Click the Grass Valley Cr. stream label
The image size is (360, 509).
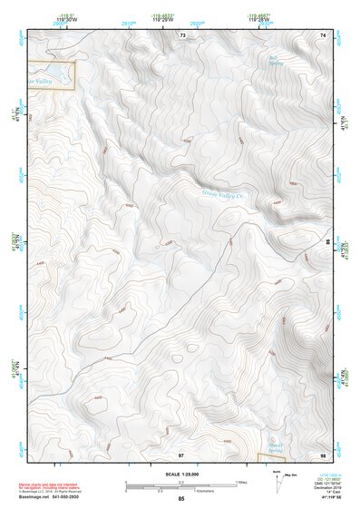point(227,192)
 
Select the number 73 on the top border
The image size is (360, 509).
point(182,34)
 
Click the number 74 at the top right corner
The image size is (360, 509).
point(322,34)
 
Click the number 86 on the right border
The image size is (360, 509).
point(328,242)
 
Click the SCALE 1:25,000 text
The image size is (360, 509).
point(180,475)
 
